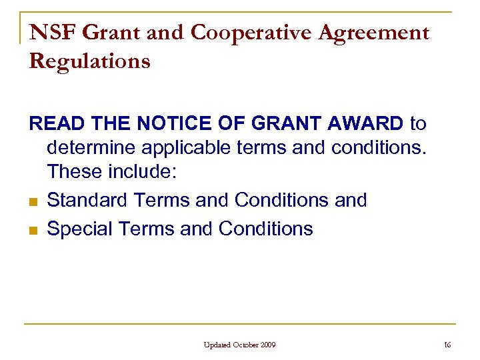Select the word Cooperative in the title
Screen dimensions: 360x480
[x=233, y=33]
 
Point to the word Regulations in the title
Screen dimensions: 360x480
[x=90, y=61]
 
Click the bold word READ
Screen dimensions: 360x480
[x=55, y=124]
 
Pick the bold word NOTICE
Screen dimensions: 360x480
[x=167, y=124]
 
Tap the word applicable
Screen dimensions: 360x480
[x=186, y=147]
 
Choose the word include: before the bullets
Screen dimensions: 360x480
[x=143, y=173]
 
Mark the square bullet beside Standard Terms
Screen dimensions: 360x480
[x=33, y=201]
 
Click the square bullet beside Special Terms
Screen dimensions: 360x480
[x=33, y=230]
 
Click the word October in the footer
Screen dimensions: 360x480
[x=246, y=345]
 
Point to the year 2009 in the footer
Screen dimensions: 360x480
[x=268, y=345]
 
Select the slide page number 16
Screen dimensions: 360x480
[x=447, y=345]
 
